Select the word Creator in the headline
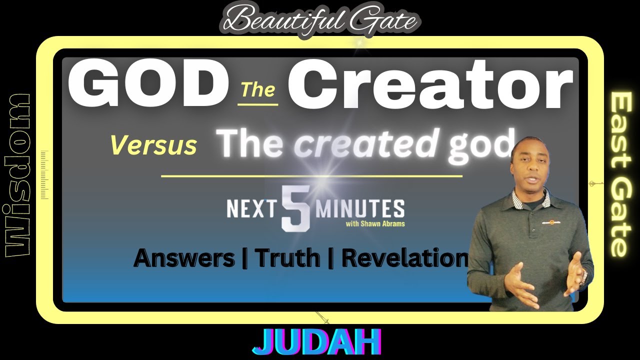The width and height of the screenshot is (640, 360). point(430,85)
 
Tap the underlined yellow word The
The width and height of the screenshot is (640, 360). point(257,90)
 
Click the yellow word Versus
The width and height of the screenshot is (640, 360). point(153,145)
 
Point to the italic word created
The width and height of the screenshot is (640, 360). point(365,142)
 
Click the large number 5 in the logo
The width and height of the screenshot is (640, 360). point(295,208)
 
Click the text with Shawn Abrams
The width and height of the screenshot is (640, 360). point(375,223)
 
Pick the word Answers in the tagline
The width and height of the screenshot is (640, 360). point(184,258)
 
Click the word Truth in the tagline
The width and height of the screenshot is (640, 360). point(287,258)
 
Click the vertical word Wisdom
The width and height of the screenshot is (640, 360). point(18,175)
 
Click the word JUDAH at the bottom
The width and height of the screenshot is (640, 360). point(317,342)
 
